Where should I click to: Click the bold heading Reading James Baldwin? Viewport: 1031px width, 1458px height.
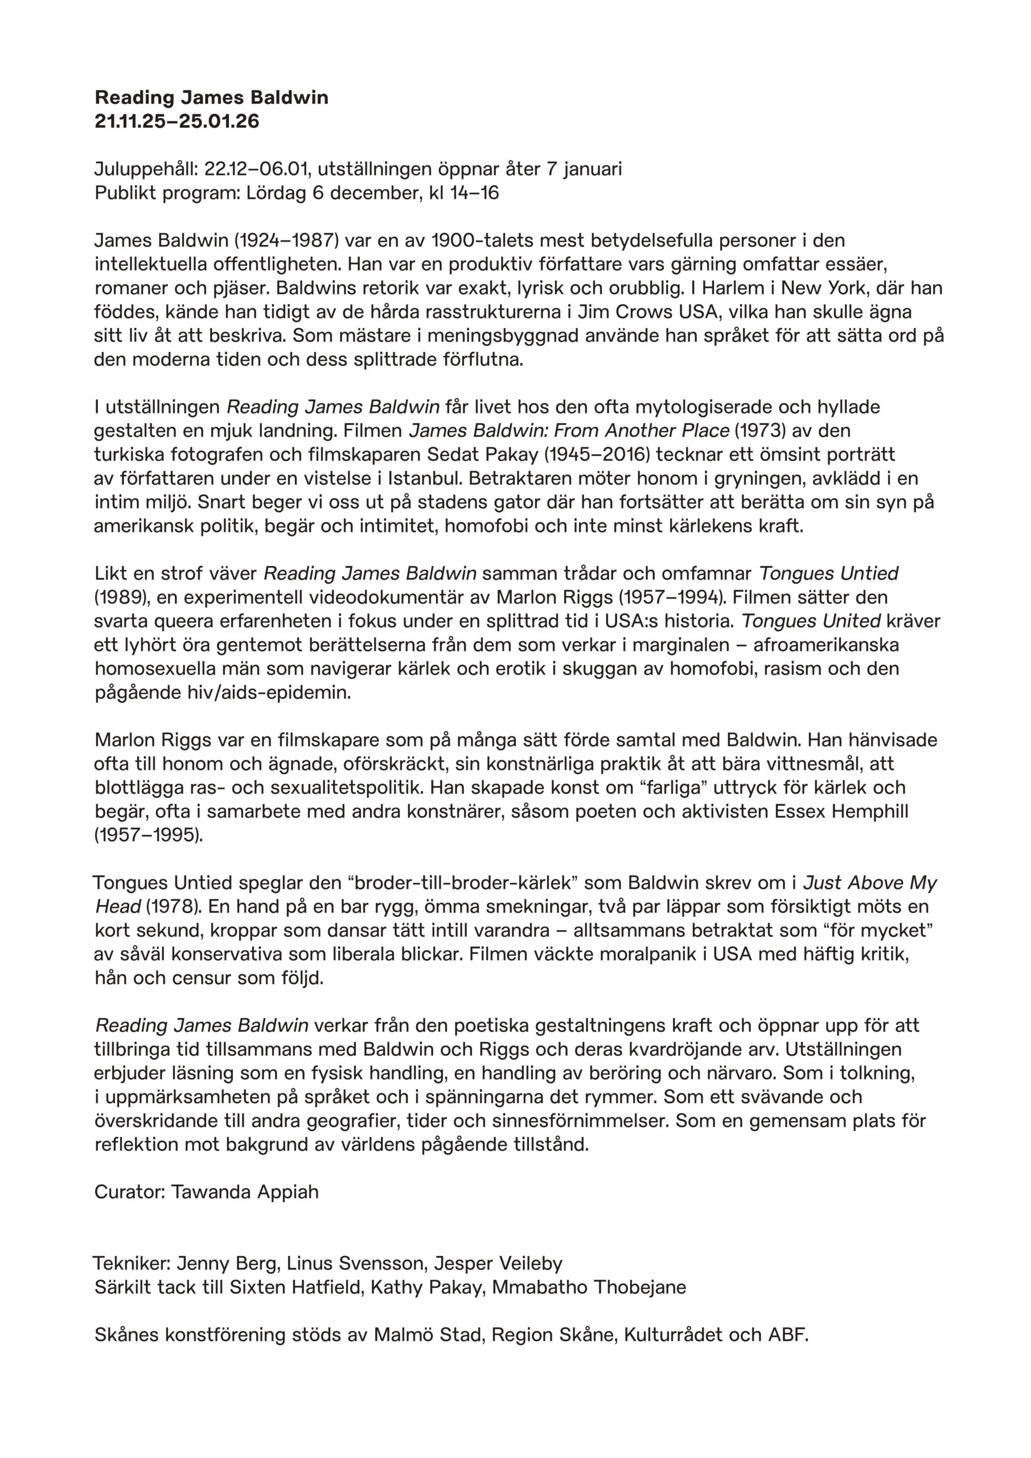coord(211,98)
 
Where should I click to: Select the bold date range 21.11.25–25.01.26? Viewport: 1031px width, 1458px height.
coord(177,121)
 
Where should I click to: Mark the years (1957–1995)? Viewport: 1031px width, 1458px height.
coord(149,835)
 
